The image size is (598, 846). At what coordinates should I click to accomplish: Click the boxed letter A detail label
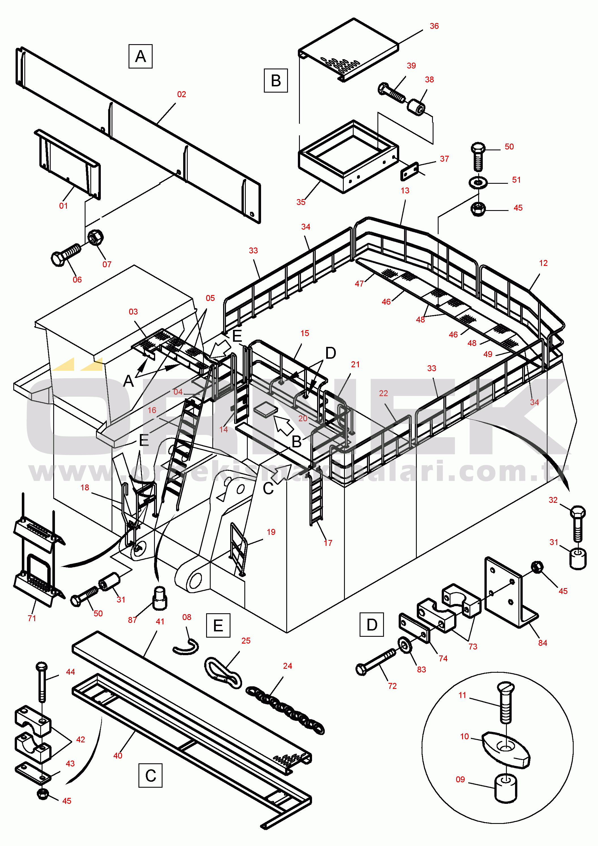140,56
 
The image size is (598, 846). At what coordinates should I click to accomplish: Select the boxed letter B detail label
275,81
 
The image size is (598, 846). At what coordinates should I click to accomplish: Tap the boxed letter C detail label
150,775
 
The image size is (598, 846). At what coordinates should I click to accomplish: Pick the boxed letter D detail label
371,625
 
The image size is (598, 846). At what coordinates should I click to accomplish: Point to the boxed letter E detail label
218,625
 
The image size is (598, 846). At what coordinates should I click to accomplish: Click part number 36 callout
434,26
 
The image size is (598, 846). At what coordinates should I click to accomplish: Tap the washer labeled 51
478,182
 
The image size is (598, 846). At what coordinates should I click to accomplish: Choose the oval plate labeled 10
505,749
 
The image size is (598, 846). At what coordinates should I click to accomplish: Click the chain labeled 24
285,709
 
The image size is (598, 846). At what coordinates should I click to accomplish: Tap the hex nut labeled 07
95,237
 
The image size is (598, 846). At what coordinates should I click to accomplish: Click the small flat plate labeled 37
409,171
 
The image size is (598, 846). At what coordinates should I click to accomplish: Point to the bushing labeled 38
416,106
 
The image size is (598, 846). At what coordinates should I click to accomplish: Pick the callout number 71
32,618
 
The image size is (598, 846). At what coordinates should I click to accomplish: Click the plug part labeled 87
159,599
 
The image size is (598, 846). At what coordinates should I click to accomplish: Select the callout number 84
543,643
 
